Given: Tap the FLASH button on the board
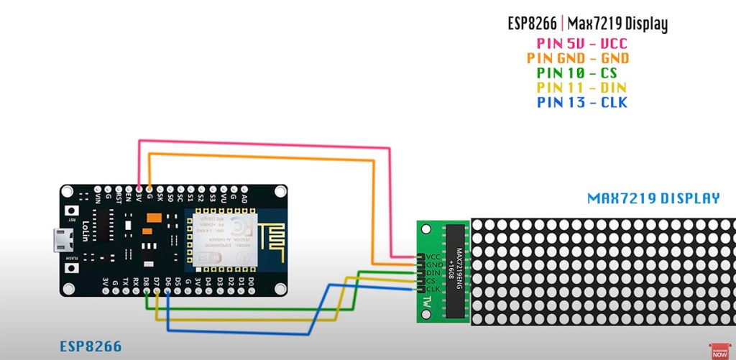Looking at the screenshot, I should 73,268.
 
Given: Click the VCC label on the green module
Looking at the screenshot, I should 433,257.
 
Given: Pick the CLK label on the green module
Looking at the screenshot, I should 433,289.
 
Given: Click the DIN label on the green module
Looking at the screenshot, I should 433,272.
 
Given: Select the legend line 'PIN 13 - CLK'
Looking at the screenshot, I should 582,103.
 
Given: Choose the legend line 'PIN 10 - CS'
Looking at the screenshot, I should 576,73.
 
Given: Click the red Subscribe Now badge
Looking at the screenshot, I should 719,350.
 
